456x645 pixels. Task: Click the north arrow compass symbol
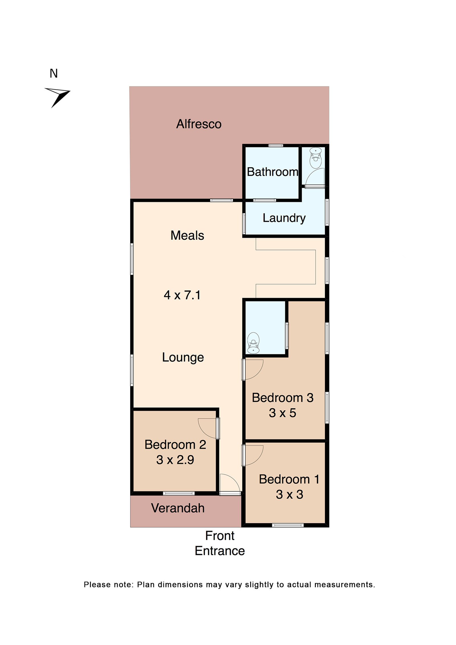click(x=58, y=96)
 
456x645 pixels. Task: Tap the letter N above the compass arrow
click(x=54, y=74)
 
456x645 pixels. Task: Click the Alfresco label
click(x=199, y=124)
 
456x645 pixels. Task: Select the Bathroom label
click(x=272, y=172)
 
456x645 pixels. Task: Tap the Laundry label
click(x=284, y=218)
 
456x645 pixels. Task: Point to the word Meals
click(x=187, y=235)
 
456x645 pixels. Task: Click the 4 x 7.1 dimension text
click(x=182, y=295)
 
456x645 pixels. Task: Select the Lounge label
click(x=183, y=357)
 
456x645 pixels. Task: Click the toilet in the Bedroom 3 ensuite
click(x=253, y=343)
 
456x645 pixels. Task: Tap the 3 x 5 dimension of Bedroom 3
click(x=282, y=413)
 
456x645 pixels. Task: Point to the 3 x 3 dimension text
click(x=289, y=495)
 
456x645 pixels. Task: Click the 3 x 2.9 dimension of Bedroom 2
click(x=175, y=460)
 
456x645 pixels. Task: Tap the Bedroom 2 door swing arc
click(x=207, y=428)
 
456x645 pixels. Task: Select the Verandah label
click(x=178, y=508)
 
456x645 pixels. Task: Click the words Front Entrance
click(x=219, y=543)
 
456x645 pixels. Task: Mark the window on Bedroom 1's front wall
click(x=288, y=525)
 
